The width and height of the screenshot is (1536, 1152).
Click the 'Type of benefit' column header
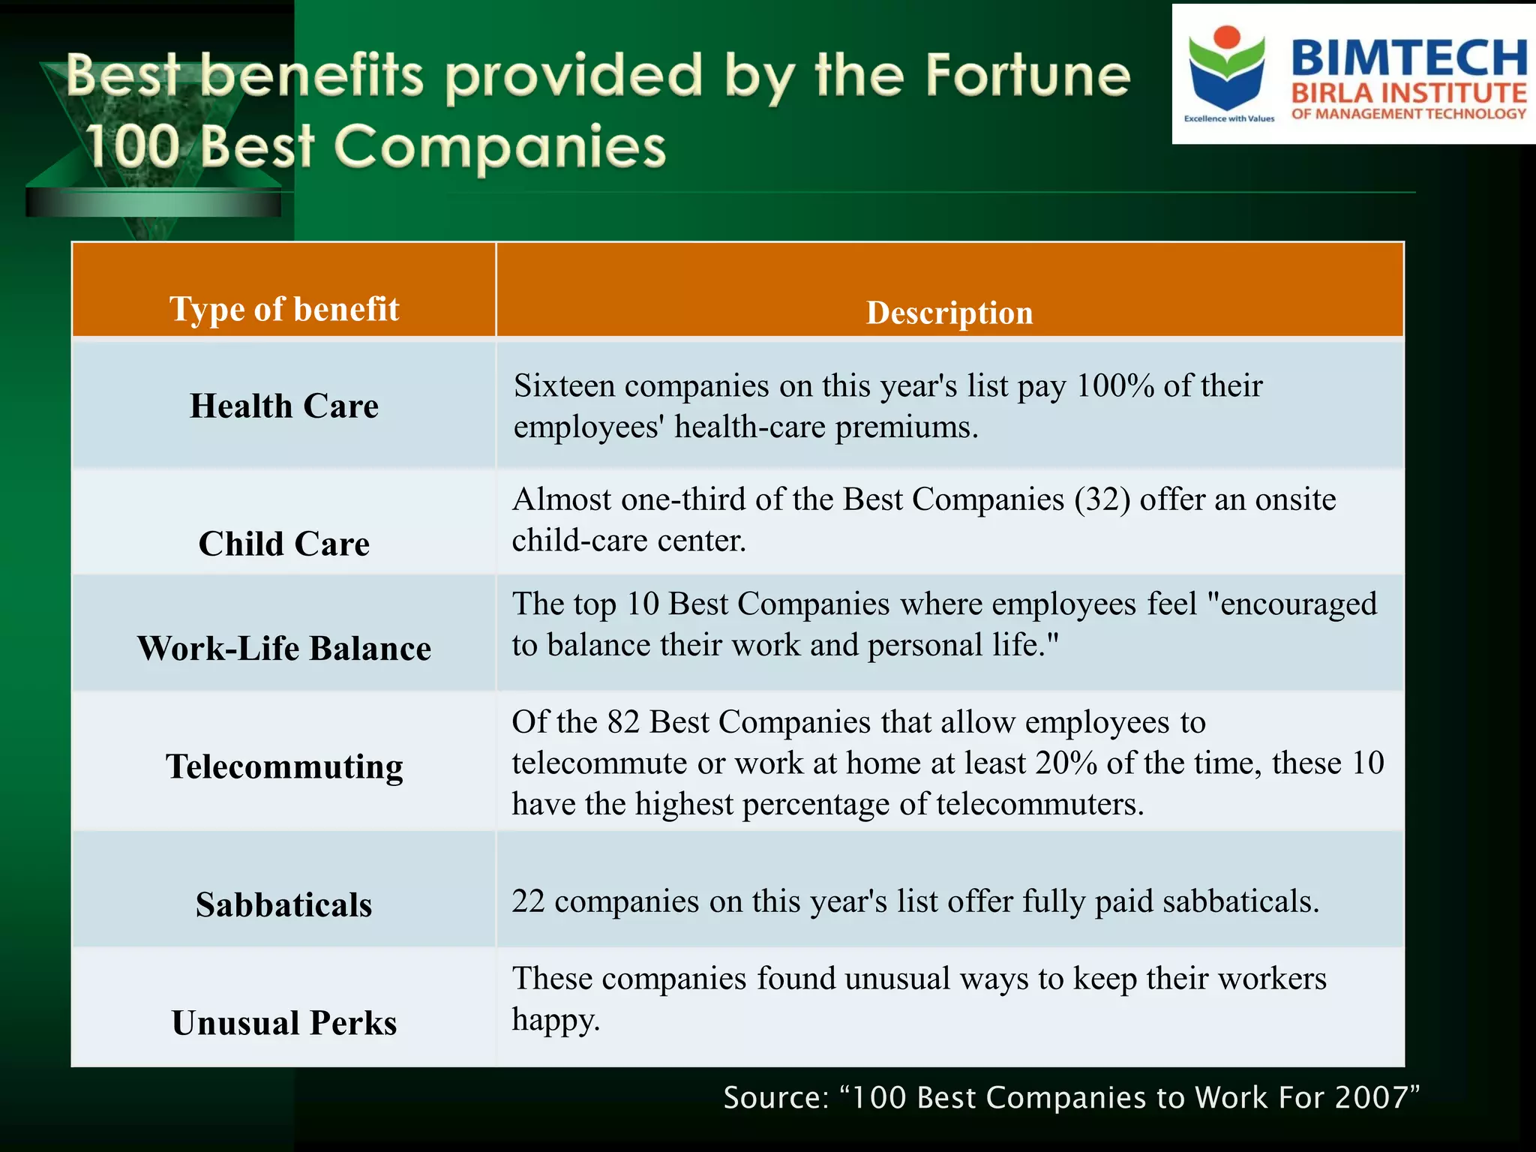click(284, 309)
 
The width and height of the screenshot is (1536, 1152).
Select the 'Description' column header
click(949, 313)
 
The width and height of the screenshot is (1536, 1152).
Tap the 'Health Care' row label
click(284, 406)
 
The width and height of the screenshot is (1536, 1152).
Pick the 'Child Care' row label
click(284, 544)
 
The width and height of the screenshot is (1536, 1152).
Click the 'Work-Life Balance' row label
click(284, 648)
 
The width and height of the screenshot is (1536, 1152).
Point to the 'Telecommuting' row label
click(284, 766)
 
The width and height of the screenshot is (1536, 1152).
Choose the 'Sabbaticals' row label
click(284, 904)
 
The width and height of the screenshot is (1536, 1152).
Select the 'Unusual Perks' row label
click(284, 1023)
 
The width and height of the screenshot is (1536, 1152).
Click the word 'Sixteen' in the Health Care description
click(564, 385)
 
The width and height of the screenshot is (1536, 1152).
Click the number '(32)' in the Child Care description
click(1102, 499)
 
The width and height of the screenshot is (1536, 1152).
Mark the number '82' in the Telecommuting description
click(623, 721)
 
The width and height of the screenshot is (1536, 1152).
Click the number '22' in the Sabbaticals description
click(529, 901)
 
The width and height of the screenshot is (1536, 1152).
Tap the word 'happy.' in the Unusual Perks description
click(556, 1020)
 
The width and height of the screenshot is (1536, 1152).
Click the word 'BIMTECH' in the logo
click(1408, 58)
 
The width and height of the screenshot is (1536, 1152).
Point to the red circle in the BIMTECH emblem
click(1228, 37)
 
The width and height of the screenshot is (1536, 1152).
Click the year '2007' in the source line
click(1377, 1097)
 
